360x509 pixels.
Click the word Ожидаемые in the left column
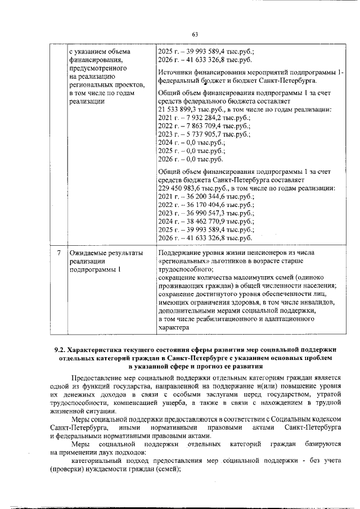point(88,253)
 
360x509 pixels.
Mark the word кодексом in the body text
point(325,420)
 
